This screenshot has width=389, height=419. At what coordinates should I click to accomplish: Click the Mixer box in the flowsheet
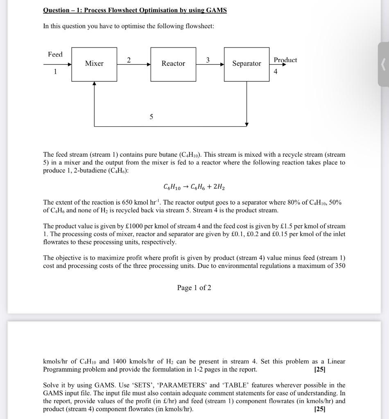pyautogui.click(x=94, y=64)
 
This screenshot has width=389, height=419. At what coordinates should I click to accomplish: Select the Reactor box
pyautogui.click(x=173, y=64)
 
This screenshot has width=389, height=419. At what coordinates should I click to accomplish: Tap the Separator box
pyautogui.click(x=247, y=64)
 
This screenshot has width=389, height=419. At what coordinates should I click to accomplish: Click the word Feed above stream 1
pyautogui.click(x=55, y=54)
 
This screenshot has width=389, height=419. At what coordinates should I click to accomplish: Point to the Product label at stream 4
pyautogui.click(x=285, y=60)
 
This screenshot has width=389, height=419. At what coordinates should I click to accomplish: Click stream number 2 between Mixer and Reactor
pyautogui.click(x=129, y=60)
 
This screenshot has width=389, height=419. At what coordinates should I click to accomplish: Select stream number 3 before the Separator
pyautogui.click(x=208, y=60)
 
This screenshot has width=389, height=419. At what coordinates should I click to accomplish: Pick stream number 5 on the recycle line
pyautogui.click(x=152, y=117)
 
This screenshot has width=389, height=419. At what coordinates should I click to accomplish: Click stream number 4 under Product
pyautogui.click(x=275, y=72)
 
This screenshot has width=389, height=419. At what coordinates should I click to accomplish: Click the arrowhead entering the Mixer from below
pyautogui.click(x=95, y=84)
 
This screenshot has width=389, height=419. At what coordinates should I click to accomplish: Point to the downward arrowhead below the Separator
pyautogui.click(x=247, y=124)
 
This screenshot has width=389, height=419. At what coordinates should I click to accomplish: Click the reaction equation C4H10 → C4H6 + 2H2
pyautogui.click(x=194, y=187)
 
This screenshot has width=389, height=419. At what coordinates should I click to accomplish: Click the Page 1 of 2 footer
pyautogui.click(x=194, y=288)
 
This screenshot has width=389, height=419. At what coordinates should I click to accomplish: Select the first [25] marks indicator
pyautogui.click(x=319, y=369)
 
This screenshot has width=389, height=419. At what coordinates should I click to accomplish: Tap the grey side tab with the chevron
pyautogui.click(x=383, y=64)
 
